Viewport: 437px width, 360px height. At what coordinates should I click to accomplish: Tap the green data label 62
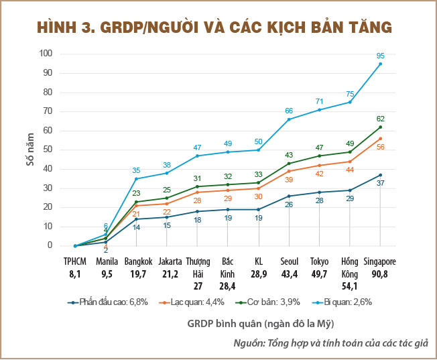[380, 119]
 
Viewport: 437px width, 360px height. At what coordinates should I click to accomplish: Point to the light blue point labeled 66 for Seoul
[289, 119]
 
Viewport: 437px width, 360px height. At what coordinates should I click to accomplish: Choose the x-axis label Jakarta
[167, 261]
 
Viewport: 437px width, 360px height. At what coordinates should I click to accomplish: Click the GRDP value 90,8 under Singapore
[380, 274]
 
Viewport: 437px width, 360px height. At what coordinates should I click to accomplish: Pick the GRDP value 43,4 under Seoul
[289, 274]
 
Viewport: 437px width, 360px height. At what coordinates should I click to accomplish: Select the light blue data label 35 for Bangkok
[136, 170]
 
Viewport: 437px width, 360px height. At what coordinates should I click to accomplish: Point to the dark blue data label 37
[380, 183]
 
